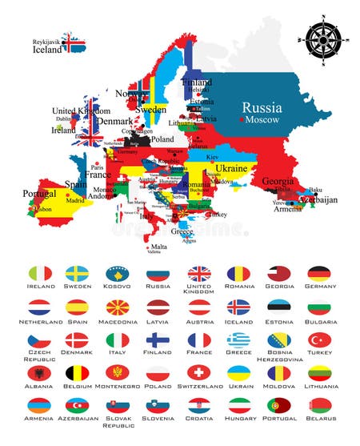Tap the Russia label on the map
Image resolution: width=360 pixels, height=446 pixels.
pos(262,106)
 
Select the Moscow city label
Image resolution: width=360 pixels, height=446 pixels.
pos(263,120)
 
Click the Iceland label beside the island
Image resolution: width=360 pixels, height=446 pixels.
pos(46,49)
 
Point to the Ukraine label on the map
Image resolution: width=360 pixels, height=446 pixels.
pos(231,168)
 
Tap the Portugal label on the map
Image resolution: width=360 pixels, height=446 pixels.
pos(39,194)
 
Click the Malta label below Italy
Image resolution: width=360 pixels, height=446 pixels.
pos(159,247)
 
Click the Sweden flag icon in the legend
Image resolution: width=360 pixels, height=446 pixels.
pos(78,274)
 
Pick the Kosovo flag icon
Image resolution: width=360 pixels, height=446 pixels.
pos(118,274)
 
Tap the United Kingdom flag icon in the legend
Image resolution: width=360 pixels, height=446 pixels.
pos(199,274)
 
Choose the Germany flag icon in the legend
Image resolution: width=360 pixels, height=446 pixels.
pos(320,274)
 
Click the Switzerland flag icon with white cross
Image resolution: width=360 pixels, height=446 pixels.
pos(199,373)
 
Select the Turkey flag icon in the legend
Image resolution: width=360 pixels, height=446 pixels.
pos(320,340)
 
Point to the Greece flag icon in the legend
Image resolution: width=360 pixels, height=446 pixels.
pos(239,340)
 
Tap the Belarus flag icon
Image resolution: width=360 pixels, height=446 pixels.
pos(320,406)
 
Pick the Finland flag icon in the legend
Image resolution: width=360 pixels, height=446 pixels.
pos(158,340)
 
